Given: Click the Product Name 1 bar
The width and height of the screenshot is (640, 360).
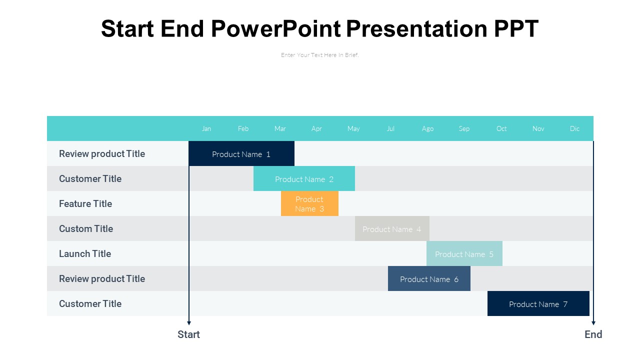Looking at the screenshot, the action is (241, 153).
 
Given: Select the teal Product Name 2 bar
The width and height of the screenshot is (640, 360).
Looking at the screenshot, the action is (304, 178).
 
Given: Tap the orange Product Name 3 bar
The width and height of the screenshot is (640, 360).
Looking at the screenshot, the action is (309, 203).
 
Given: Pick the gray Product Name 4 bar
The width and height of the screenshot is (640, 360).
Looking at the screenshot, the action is (392, 228).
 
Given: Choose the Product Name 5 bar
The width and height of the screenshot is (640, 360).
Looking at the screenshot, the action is (464, 253).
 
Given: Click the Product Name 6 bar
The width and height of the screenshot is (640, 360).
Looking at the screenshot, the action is (429, 278).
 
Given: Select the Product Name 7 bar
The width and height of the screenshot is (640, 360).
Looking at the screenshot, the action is (538, 303).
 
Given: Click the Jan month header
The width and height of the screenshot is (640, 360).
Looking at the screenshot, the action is (206, 128).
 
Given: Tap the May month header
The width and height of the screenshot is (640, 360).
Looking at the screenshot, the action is (353, 129).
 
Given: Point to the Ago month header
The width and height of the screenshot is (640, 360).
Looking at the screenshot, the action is (427, 129).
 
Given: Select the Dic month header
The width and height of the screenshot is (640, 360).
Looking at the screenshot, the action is (574, 128).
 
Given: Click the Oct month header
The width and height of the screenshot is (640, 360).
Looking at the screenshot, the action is (501, 128).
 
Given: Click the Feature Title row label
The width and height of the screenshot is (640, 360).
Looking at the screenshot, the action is (85, 203).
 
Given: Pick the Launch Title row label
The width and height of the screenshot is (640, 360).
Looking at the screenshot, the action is (85, 253).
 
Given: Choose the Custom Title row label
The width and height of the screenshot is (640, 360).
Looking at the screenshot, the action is (86, 228).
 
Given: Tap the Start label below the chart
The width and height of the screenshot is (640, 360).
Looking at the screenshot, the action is (188, 334).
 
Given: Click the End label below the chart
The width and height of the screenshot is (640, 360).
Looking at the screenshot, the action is (593, 334).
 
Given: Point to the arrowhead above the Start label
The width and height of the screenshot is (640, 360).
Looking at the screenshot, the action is (189, 323).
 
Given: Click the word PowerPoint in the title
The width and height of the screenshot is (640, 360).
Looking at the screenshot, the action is (276, 28).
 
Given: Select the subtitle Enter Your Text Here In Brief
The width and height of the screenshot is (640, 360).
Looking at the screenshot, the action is (319, 55).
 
